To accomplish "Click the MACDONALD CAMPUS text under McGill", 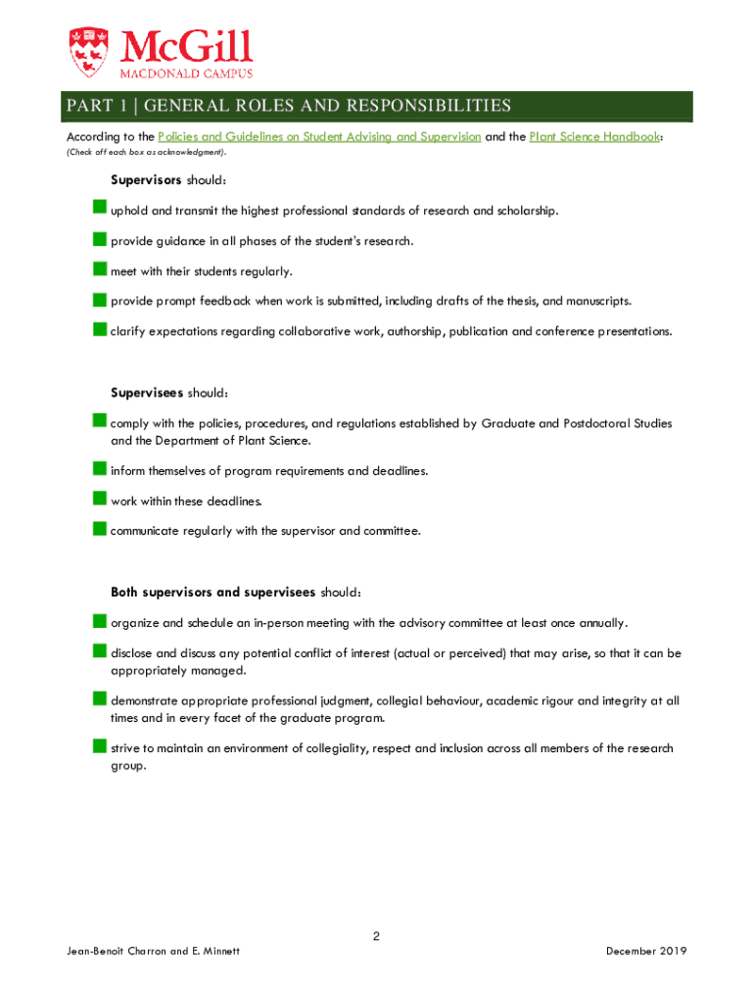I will pos(186,73).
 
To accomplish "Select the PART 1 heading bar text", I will pos(288,106).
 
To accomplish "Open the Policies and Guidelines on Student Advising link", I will pos(319,137).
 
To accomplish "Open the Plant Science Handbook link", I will pos(594,137).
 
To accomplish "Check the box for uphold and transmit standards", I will pos(100,209).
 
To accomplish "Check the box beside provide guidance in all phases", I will pos(100,239).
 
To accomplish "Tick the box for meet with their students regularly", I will pos(100,269).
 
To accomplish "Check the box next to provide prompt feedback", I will pos(100,300).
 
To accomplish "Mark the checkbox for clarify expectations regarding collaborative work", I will pos(100,330).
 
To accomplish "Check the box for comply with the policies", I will pos(100,421).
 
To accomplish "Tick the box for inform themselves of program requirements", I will pos(100,469).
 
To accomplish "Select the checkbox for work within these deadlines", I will pos(100,500).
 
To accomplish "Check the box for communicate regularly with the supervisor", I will pos(100,529).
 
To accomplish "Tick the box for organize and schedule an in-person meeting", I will pos(100,621).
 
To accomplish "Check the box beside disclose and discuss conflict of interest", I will pos(100,650).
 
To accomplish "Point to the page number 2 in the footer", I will pos(376,936).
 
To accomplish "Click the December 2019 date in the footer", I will pos(646,951).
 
